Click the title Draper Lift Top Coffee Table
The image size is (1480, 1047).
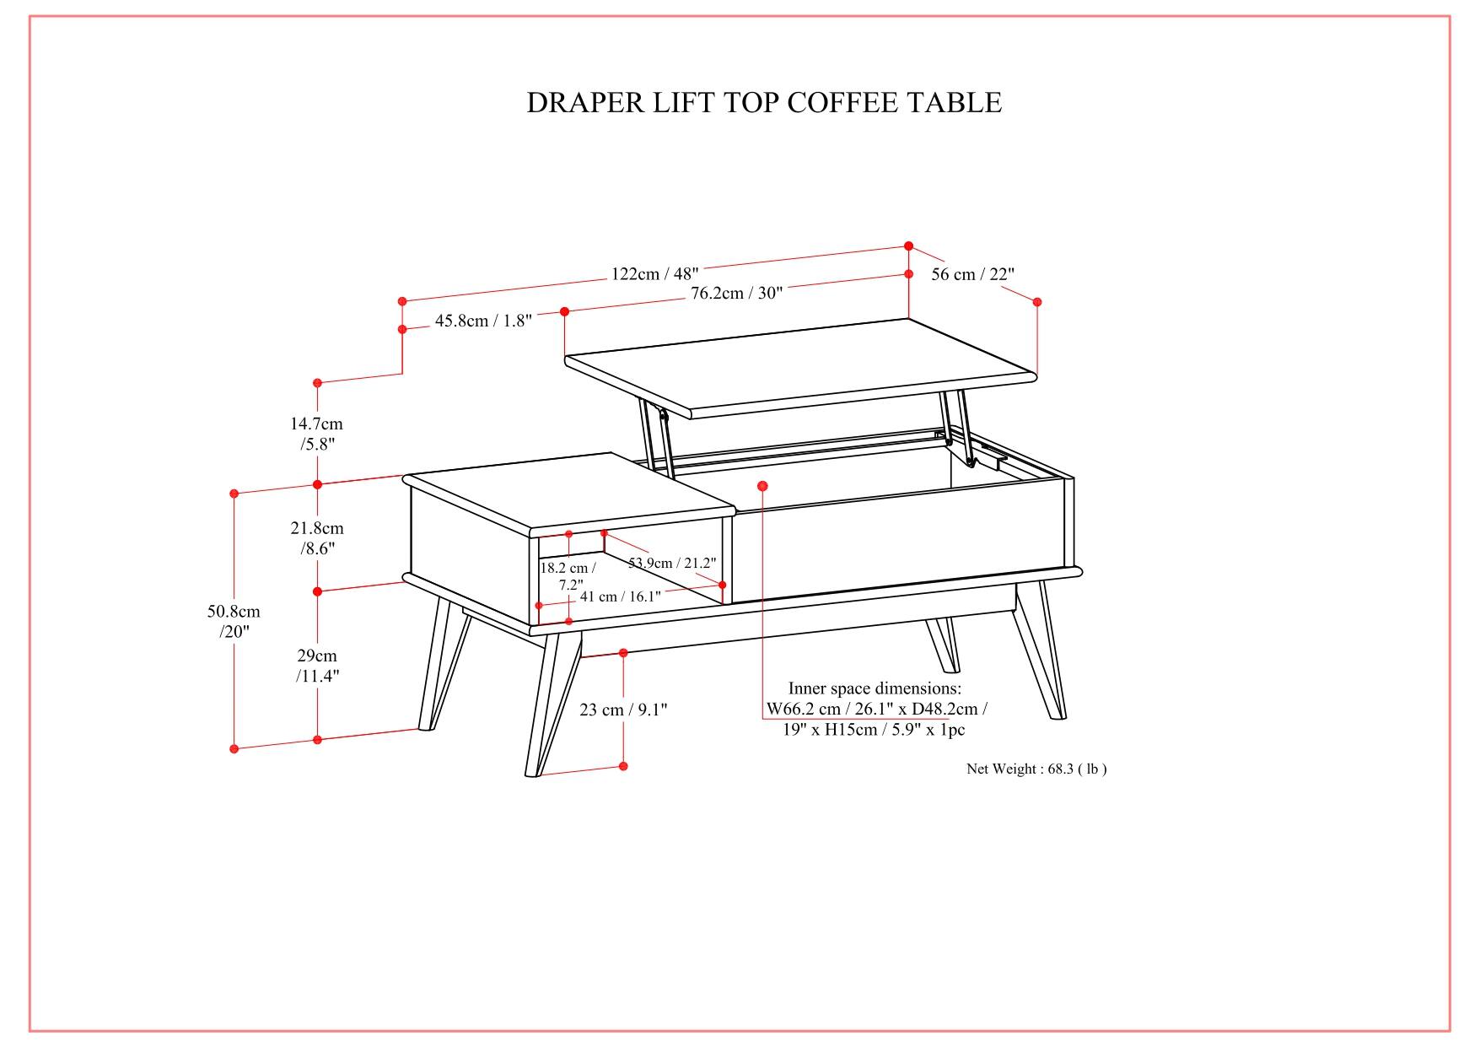(x=764, y=103)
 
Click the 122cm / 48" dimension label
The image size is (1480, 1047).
(x=654, y=273)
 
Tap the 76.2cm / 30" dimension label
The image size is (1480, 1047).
(x=736, y=293)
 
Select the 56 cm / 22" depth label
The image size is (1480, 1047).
(x=972, y=274)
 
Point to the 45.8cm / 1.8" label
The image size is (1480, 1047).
(x=483, y=321)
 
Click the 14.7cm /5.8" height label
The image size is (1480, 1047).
(x=317, y=434)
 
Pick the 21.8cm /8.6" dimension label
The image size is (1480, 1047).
(x=317, y=538)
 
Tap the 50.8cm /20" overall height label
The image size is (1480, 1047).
(x=234, y=621)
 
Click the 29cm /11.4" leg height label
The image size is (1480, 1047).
(x=317, y=666)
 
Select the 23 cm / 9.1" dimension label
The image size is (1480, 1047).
(x=623, y=710)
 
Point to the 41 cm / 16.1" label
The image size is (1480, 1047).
(x=620, y=596)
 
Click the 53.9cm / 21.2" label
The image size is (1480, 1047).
(x=672, y=563)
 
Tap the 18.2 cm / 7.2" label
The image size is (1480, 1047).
(x=568, y=576)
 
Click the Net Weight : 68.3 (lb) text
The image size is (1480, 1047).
(x=1036, y=769)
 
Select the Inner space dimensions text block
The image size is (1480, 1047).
(x=875, y=709)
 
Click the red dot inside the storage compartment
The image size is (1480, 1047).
(x=762, y=486)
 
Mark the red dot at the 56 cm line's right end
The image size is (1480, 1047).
(x=1037, y=302)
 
